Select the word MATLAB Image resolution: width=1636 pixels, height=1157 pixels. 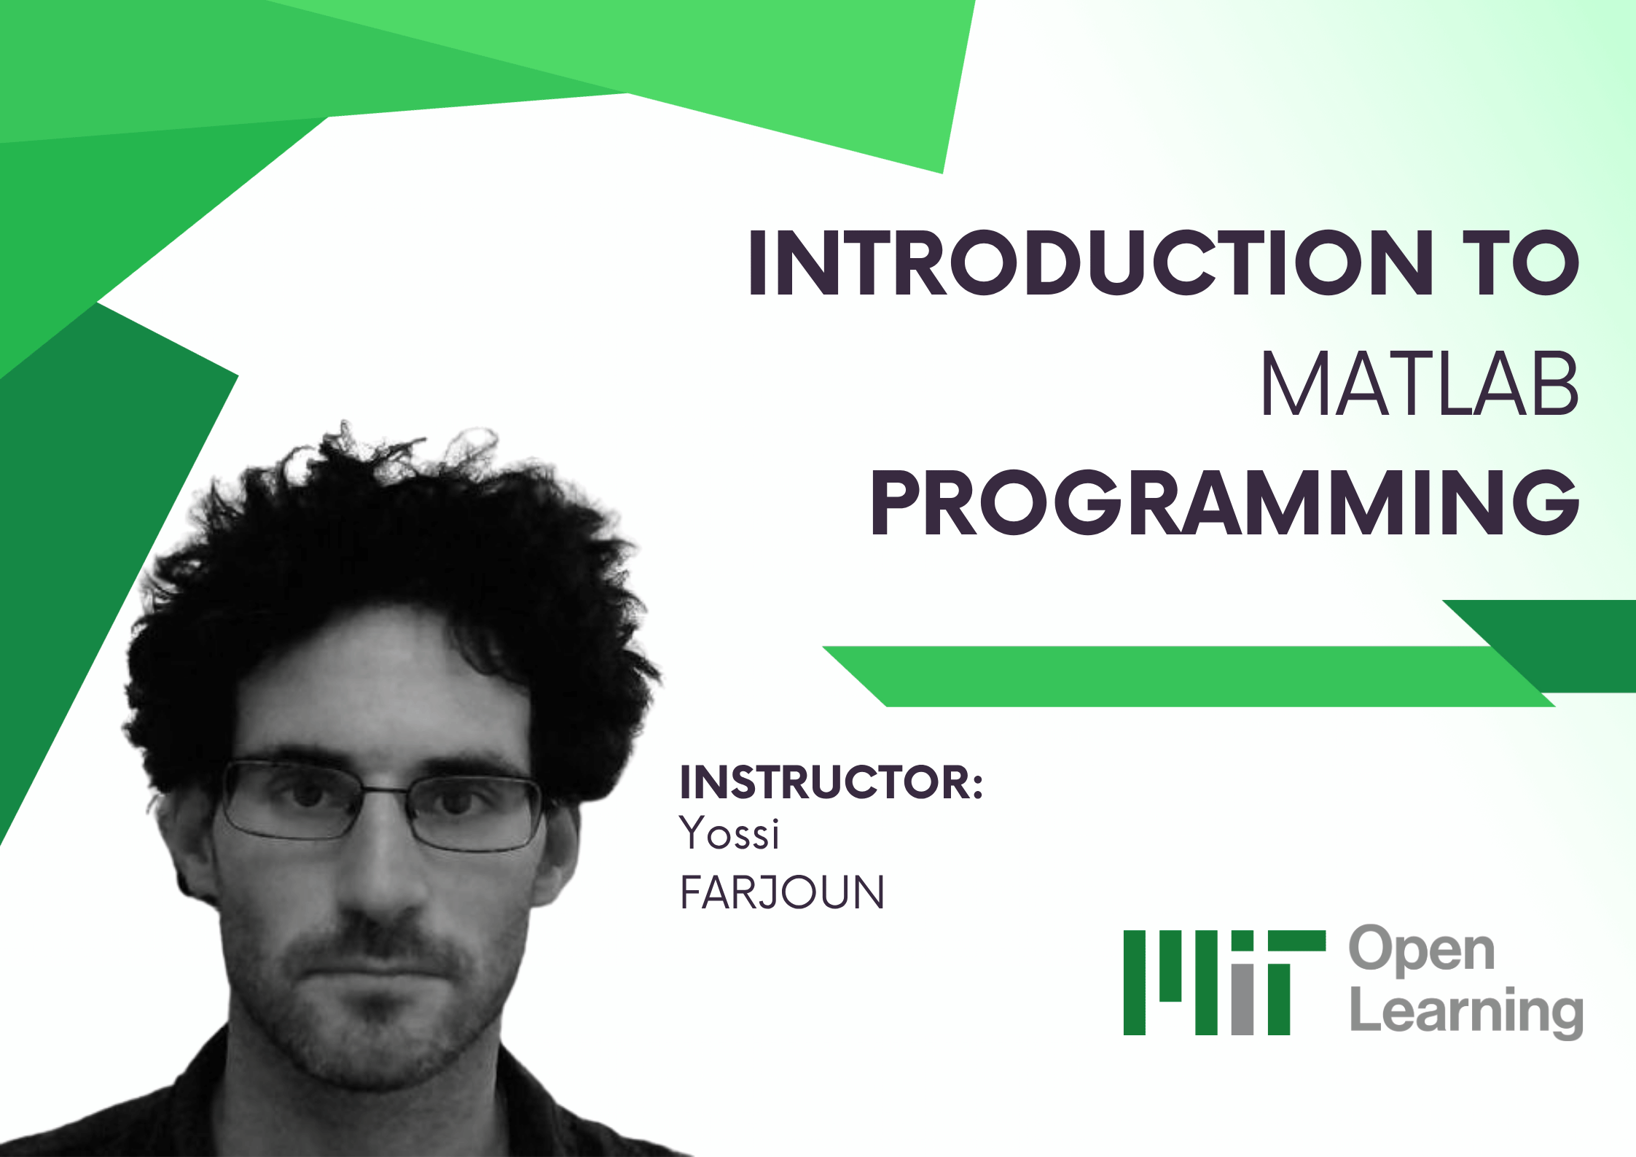pyautogui.click(x=1420, y=384)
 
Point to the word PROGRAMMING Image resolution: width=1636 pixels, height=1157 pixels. pyautogui.click(x=1224, y=502)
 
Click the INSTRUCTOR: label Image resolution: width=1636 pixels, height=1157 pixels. pyautogui.click(x=831, y=782)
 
